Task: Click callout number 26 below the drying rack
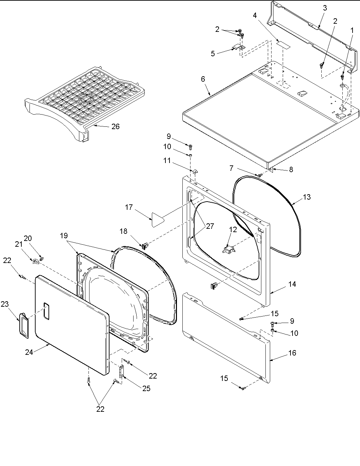point(115,126)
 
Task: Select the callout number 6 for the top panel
point(203,79)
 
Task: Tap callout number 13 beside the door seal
point(306,197)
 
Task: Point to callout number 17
point(129,207)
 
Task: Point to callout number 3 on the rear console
point(324,8)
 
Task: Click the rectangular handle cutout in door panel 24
point(46,312)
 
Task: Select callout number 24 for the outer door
point(29,352)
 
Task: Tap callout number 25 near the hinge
point(146,388)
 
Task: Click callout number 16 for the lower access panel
point(292,353)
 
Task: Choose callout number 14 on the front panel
point(292,284)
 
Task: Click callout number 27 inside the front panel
point(210,226)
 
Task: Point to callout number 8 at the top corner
point(291,169)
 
